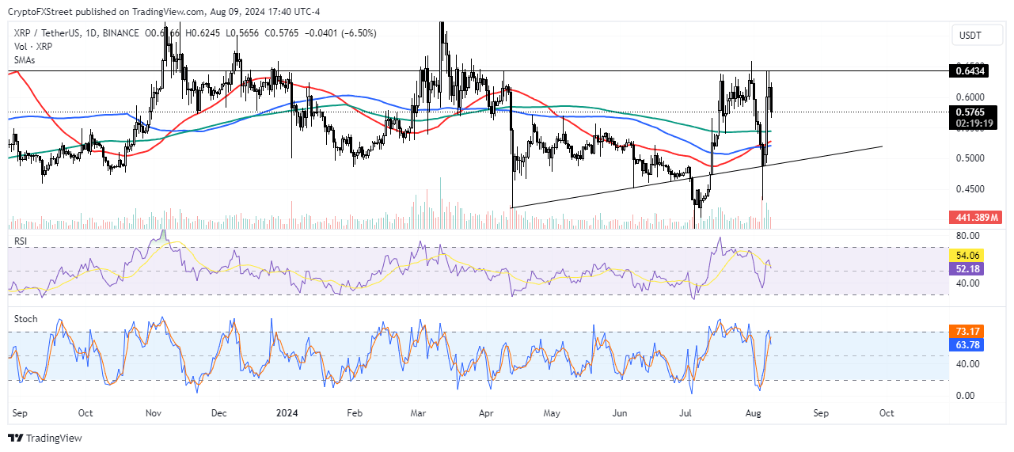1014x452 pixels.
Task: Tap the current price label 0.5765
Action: click(x=969, y=112)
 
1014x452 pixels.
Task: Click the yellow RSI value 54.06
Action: click(x=968, y=256)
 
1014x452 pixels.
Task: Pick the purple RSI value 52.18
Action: click(x=968, y=269)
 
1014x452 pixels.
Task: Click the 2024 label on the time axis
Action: click(x=286, y=413)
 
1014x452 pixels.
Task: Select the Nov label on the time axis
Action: click(x=154, y=413)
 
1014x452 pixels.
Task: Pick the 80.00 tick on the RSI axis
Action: click(x=967, y=236)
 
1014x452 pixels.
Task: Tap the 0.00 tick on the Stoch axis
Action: click(x=965, y=395)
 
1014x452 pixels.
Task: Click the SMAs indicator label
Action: click(x=25, y=59)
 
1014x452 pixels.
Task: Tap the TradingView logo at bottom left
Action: click(x=45, y=438)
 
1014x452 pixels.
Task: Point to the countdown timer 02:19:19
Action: click(x=969, y=123)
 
